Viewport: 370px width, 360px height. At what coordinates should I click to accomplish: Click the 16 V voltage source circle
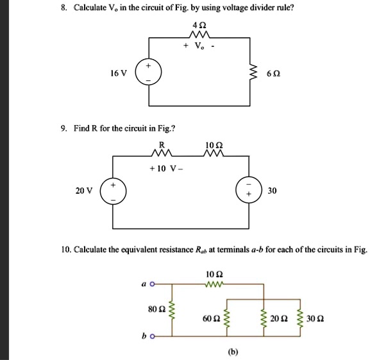[x=150, y=74]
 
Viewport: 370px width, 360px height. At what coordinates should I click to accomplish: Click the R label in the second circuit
[x=162, y=144]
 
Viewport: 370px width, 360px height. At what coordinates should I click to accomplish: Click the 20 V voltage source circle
[x=114, y=191]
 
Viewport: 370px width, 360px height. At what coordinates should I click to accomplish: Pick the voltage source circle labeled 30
[x=249, y=191]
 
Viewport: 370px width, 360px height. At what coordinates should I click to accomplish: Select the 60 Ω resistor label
[x=211, y=318]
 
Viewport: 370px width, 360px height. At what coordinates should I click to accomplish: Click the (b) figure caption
[x=231, y=352]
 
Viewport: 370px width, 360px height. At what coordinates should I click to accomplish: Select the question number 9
[x=64, y=129]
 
